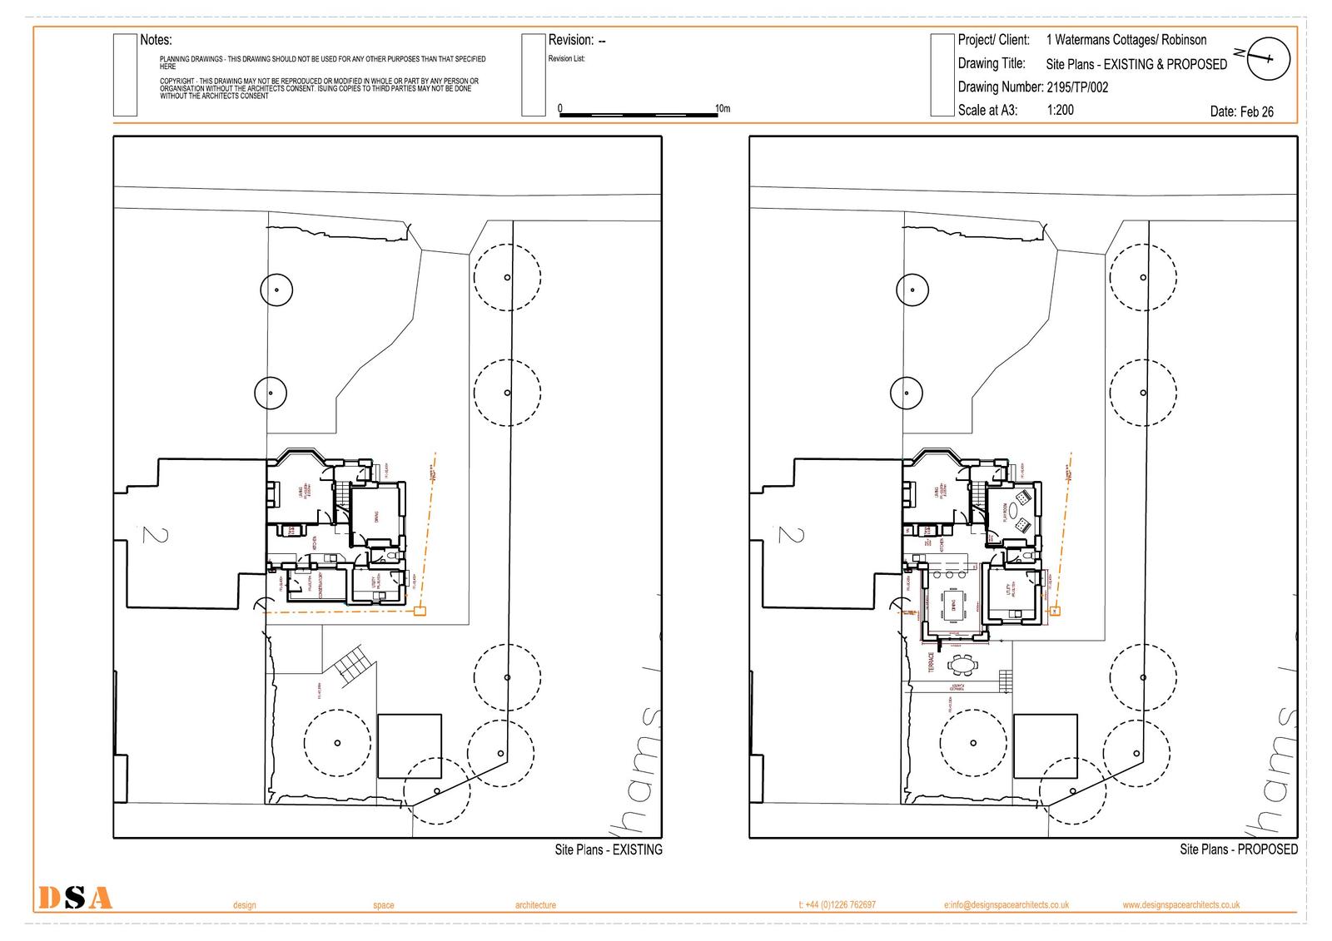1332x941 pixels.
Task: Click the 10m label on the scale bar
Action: (x=723, y=109)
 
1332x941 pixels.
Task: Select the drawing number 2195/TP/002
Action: (x=1077, y=87)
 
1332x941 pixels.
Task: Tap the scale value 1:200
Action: (x=1060, y=110)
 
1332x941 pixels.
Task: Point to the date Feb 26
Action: (x=1241, y=111)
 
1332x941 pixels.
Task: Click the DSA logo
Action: (x=75, y=898)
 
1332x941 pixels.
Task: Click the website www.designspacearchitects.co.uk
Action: (x=1180, y=904)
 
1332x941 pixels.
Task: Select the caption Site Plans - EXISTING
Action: (x=609, y=849)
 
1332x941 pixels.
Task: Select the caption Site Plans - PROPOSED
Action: (x=1238, y=849)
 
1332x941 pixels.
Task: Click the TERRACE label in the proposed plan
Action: (x=932, y=662)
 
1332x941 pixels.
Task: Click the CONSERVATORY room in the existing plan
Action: (x=319, y=586)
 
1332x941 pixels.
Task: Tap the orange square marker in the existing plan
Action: (x=420, y=612)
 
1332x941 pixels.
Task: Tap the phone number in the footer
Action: (x=837, y=904)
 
